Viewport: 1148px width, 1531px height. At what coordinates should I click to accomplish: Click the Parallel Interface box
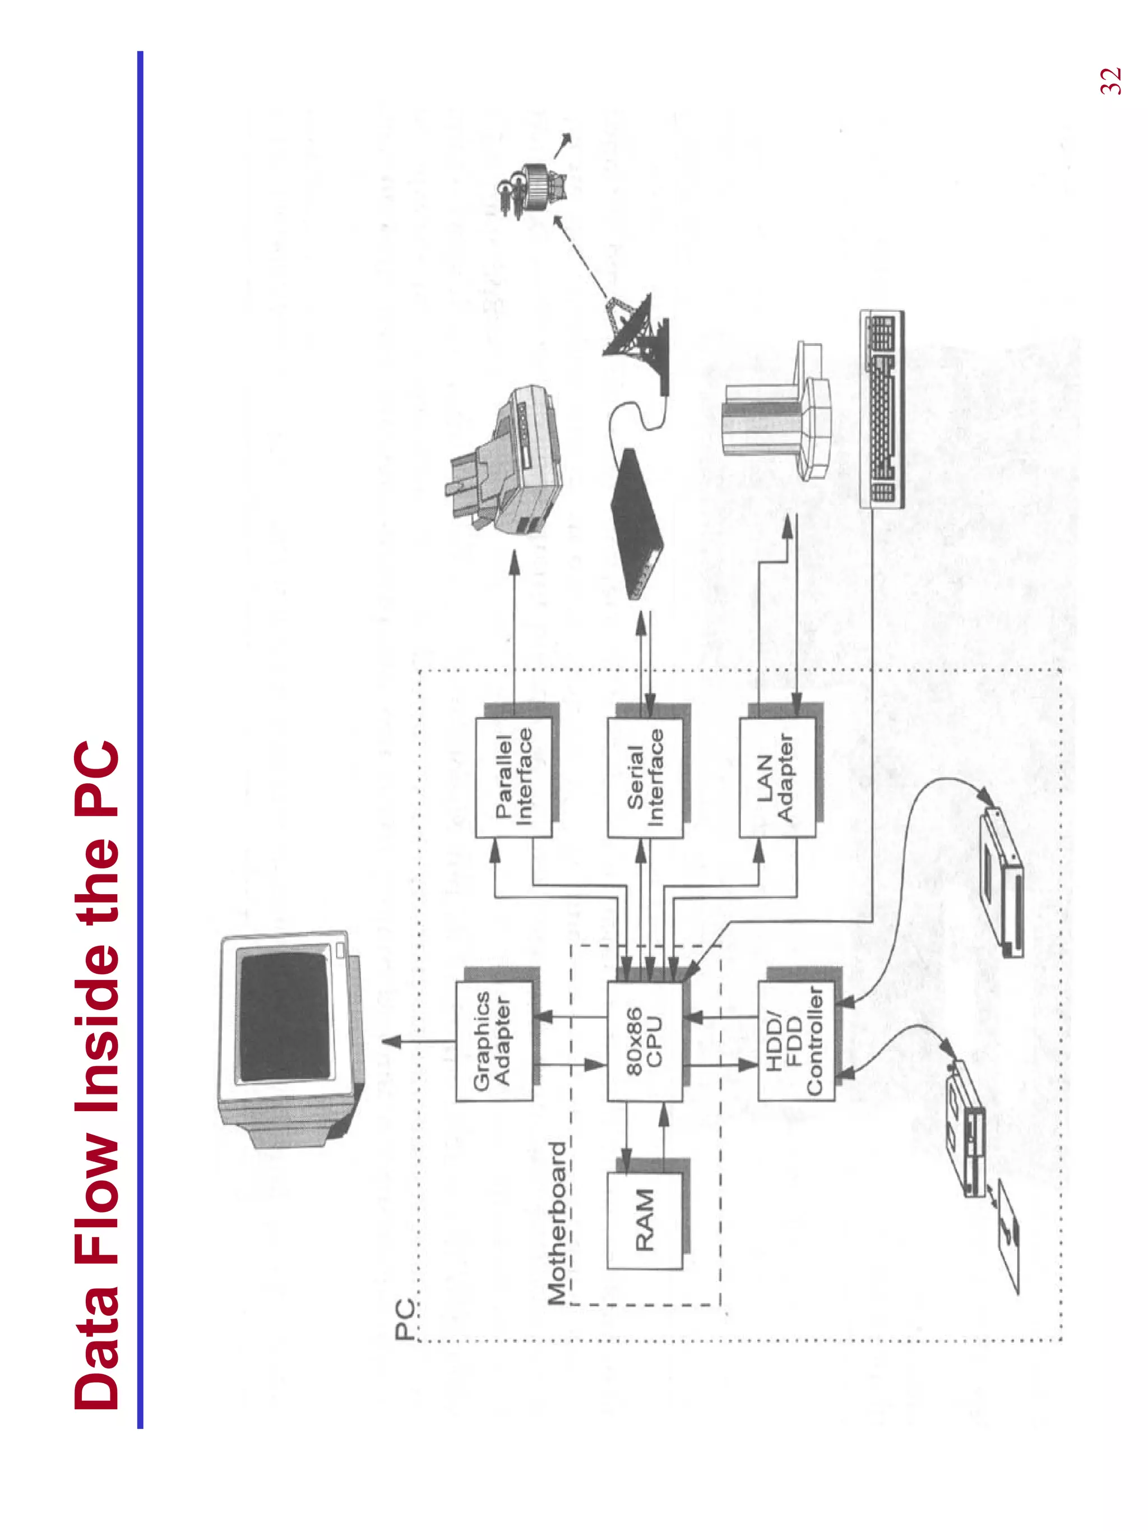pos(513,777)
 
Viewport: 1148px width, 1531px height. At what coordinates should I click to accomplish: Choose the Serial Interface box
pos(645,777)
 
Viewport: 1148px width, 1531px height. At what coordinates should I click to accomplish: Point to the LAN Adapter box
pos(776,777)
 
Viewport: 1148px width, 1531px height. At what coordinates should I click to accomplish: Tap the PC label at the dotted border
pos(405,1319)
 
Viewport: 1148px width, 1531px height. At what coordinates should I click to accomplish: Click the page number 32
pos(1110,81)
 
